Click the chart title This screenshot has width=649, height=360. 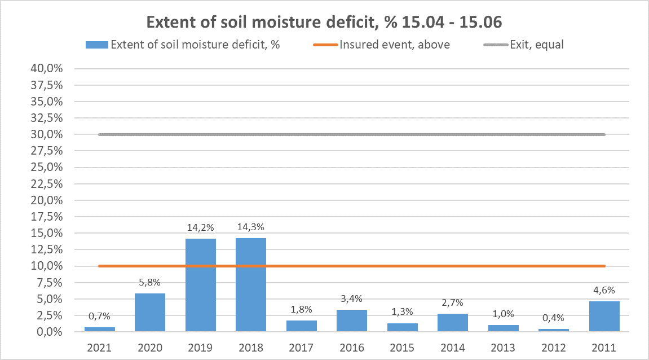324,22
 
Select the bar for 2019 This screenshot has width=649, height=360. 201,285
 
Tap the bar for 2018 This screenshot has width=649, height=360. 251,284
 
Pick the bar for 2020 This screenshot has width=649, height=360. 150,312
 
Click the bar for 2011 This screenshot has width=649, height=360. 604,316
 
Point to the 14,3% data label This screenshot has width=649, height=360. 251,227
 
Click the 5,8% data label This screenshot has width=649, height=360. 150,283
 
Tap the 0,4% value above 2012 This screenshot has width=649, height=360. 554,318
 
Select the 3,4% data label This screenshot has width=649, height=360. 352,299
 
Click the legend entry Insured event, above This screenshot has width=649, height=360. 395,45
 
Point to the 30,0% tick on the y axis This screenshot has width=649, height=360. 49,134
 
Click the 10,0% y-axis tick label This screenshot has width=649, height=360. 49,266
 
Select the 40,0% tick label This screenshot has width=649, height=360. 49,69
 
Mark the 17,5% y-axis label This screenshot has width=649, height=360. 49,217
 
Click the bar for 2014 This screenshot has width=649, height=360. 453,322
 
